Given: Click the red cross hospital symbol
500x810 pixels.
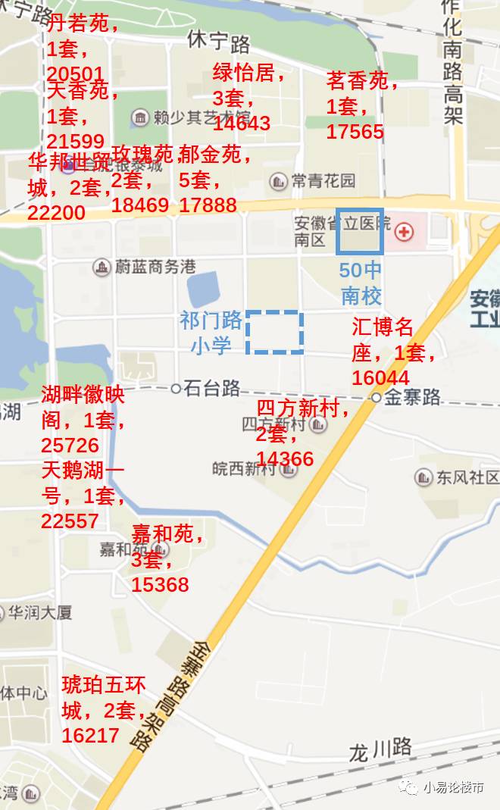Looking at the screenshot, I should pyautogui.click(x=404, y=231).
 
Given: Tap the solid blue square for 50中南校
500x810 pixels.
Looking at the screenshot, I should pyautogui.click(x=360, y=231).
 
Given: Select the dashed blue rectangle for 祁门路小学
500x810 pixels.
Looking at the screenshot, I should pyautogui.click(x=275, y=333).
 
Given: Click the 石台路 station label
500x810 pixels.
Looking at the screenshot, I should pyautogui.click(x=211, y=389).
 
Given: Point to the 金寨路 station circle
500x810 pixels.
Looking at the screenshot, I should pyautogui.click(x=377, y=397).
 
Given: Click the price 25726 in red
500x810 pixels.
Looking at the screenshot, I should pyautogui.click(x=70, y=445).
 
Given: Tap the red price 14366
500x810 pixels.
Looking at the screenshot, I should pyautogui.click(x=285, y=458).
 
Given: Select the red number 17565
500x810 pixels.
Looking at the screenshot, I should pyautogui.click(x=355, y=132).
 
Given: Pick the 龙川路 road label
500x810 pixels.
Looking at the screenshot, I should pyautogui.click(x=380, y=749).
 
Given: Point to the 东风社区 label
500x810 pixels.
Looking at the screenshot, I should pyautogui.click(x=467, y=477).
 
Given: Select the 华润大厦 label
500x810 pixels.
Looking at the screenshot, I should pyautogui.click(x=41, y=612).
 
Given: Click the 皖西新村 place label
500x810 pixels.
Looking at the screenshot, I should pyautogui.click(x=244, y=469).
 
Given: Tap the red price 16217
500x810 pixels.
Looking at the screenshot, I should pyautogui.click(x=91, y=735).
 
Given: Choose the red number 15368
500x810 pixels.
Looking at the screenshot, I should pyautogui.click(x=160, y=585).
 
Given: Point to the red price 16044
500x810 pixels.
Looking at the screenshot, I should pyautogui.click(x=380, y=377).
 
